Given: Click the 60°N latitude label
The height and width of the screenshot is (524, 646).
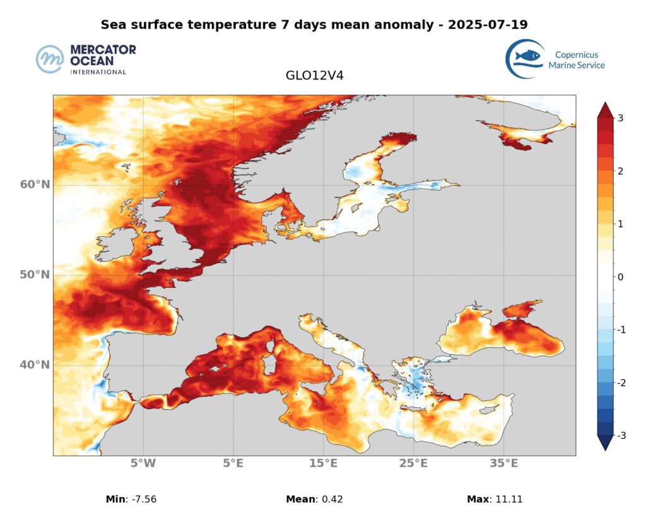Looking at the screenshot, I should [35, 184].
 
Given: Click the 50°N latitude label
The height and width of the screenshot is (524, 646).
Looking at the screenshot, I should [35, 275].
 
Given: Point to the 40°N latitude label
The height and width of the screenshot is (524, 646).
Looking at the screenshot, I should [35, 365].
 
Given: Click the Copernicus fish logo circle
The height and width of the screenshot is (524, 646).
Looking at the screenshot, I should [525, 59].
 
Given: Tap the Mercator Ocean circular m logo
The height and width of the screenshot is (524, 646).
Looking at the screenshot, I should [51, 59].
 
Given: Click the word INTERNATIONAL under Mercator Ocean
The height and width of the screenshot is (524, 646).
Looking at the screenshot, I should [98, 72].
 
